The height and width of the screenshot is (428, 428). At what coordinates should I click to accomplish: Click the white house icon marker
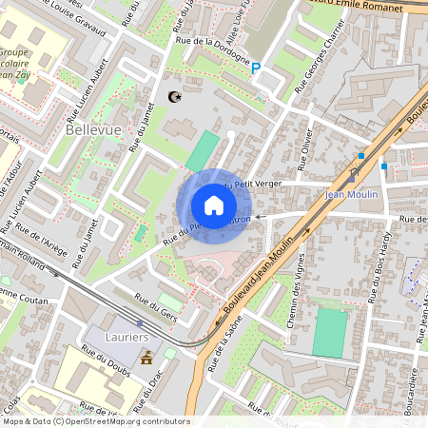pos(214,205)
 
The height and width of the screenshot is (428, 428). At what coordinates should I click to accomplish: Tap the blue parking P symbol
pos(255,67)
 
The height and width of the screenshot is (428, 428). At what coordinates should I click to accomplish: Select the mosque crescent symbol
pos(173,96)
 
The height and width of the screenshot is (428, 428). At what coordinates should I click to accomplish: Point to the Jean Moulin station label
pos(352,195)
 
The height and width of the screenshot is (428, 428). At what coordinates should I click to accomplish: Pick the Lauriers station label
pos(127,337)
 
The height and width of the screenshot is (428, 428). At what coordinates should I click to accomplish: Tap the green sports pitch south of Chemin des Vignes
pos(331,333)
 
